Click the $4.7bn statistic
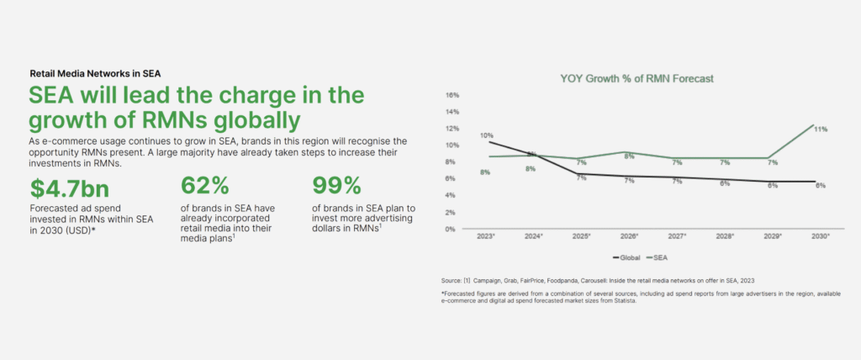point(70,188)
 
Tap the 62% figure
point(205,186)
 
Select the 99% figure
point(336,186)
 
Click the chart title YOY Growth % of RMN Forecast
point(637,78)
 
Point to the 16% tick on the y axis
point(452,95)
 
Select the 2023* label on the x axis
point(487,236)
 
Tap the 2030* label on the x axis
point(821,236)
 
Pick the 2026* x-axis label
point(629,236)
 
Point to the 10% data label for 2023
point(487,135)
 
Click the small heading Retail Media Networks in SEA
point(95,73)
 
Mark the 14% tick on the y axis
point(452,112)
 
